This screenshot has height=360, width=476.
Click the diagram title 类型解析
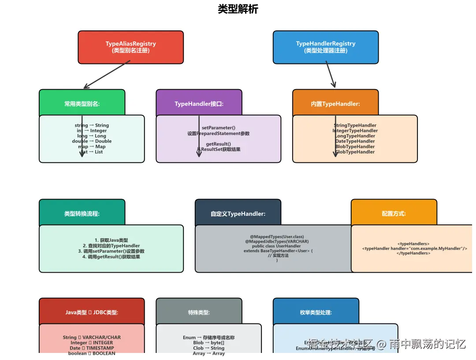(238, 9)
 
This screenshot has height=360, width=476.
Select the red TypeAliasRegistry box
(130, 47)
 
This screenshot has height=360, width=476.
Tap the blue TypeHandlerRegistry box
(325, 47)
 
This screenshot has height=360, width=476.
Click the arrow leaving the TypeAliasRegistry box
(107, 75)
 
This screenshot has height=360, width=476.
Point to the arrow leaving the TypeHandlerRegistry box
(331, 74)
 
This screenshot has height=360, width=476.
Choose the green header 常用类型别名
(82, 104)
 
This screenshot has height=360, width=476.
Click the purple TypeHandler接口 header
(199, 104)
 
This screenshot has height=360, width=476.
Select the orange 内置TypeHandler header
(335, 104)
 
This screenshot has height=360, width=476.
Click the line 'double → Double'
(92, 141)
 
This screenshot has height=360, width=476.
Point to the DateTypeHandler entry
(355, 141)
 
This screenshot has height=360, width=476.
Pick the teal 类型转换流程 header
(82, 214)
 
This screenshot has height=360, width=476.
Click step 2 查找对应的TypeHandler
(111, 246)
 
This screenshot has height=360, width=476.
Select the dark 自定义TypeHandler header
(238, 214)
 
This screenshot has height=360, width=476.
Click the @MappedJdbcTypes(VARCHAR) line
(277, 241)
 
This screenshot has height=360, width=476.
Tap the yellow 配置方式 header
(394, 214)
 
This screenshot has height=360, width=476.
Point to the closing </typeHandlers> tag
(413, 253)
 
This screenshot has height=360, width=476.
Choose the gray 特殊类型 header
(199, 312)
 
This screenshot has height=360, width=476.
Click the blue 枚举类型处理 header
(316, 312)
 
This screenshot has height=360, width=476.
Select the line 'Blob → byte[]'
(208, 343)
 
